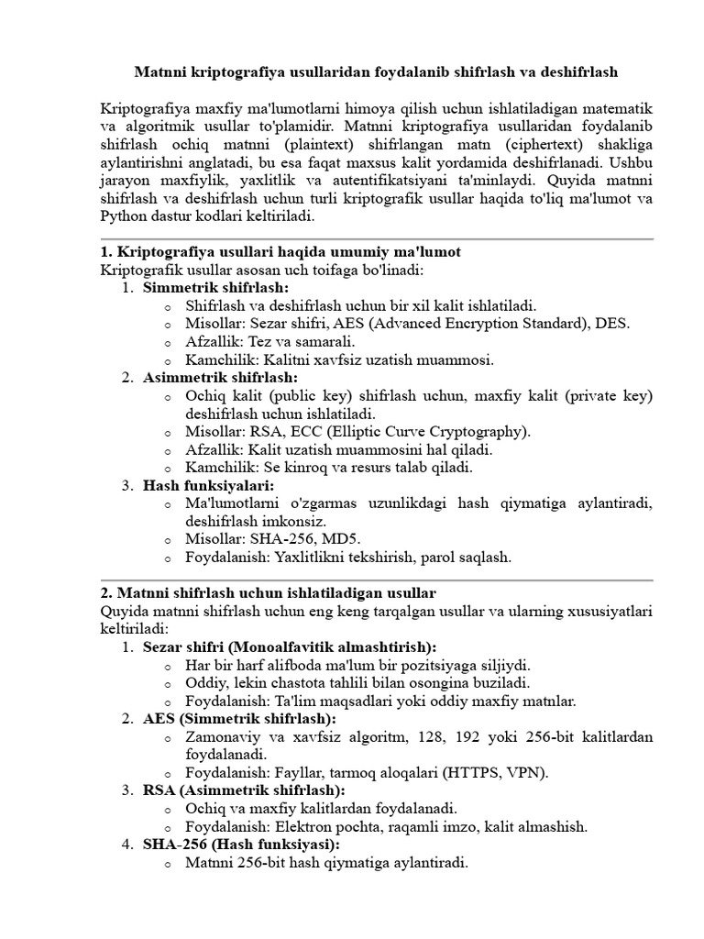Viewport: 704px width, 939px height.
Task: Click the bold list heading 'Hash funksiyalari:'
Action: [209, 485]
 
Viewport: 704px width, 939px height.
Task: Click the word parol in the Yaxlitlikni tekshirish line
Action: [442, 557]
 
